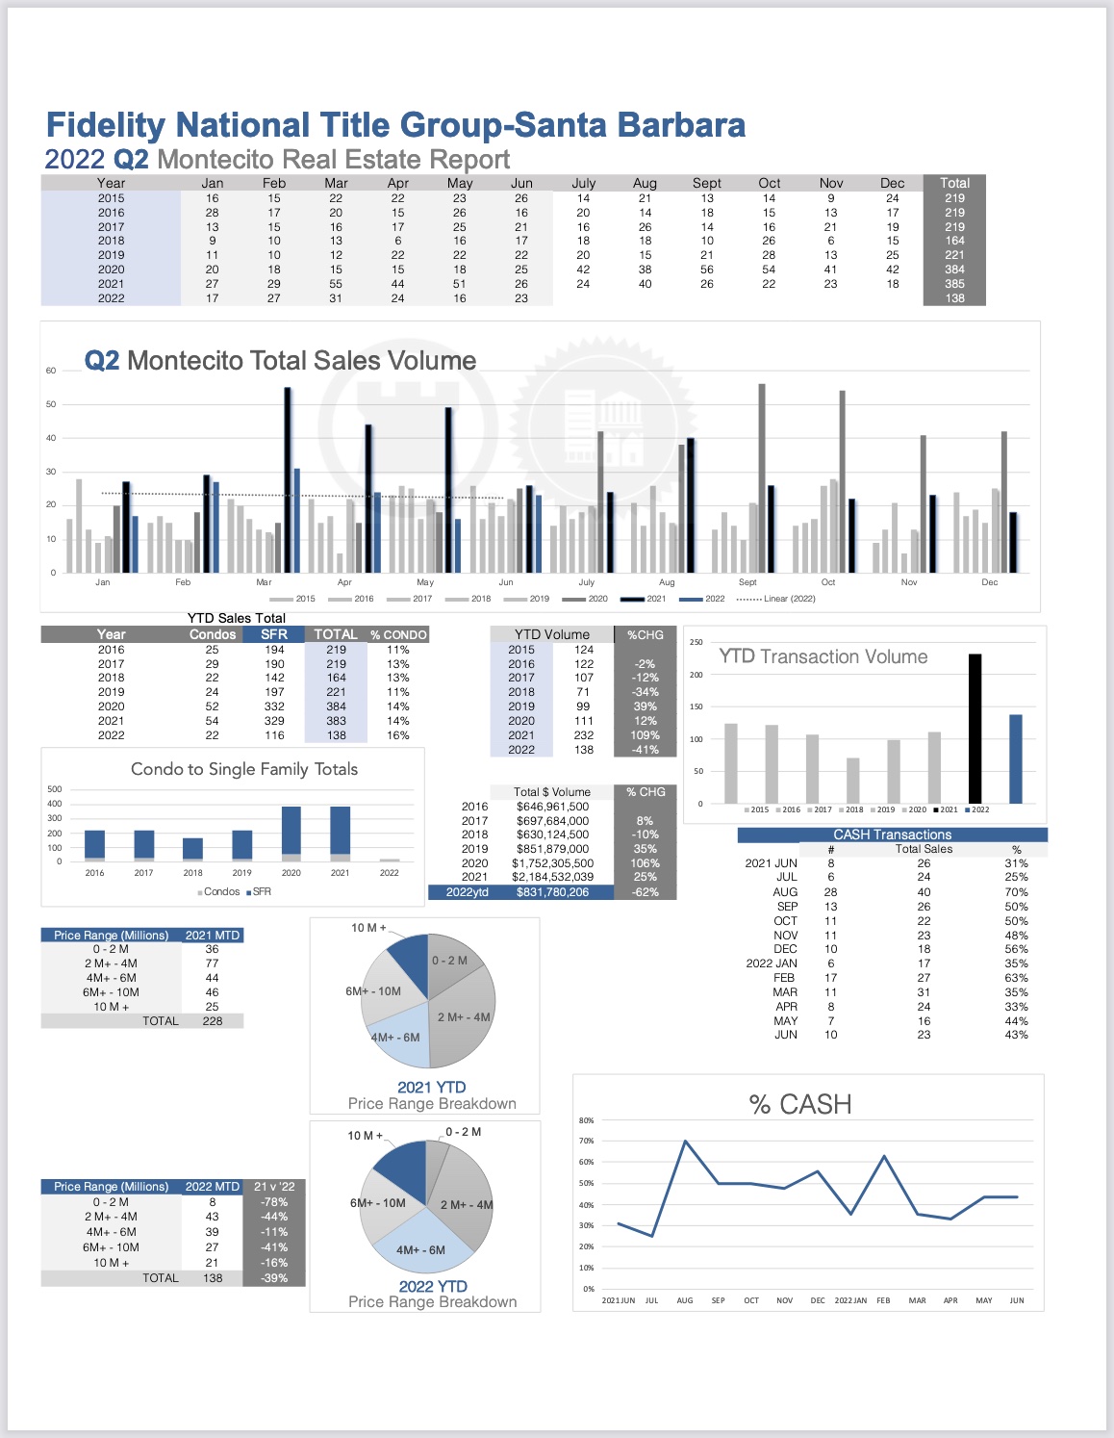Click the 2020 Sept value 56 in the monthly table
(x=707, y=270)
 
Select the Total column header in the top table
(x=954, y=183)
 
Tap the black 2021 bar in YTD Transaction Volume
(x=975, y=729)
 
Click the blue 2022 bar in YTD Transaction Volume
(x=1016, y=759)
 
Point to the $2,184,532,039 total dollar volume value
(x=552, y=877)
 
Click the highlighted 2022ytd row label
(x=467, y=892)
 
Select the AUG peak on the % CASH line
(x=685, y=1141)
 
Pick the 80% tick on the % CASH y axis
(x=587, y=1120)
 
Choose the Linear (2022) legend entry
(x=775, y=599)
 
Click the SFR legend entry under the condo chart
(x=259, y=891)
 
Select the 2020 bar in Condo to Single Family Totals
(x=291, y=834)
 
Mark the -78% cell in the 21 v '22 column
(x=274, y=1202)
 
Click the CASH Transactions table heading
(x=893, y=835)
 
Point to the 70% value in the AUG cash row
(x=1016, y=892)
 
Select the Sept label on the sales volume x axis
(x=747, y=582)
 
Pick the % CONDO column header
(x=398, y=634)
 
